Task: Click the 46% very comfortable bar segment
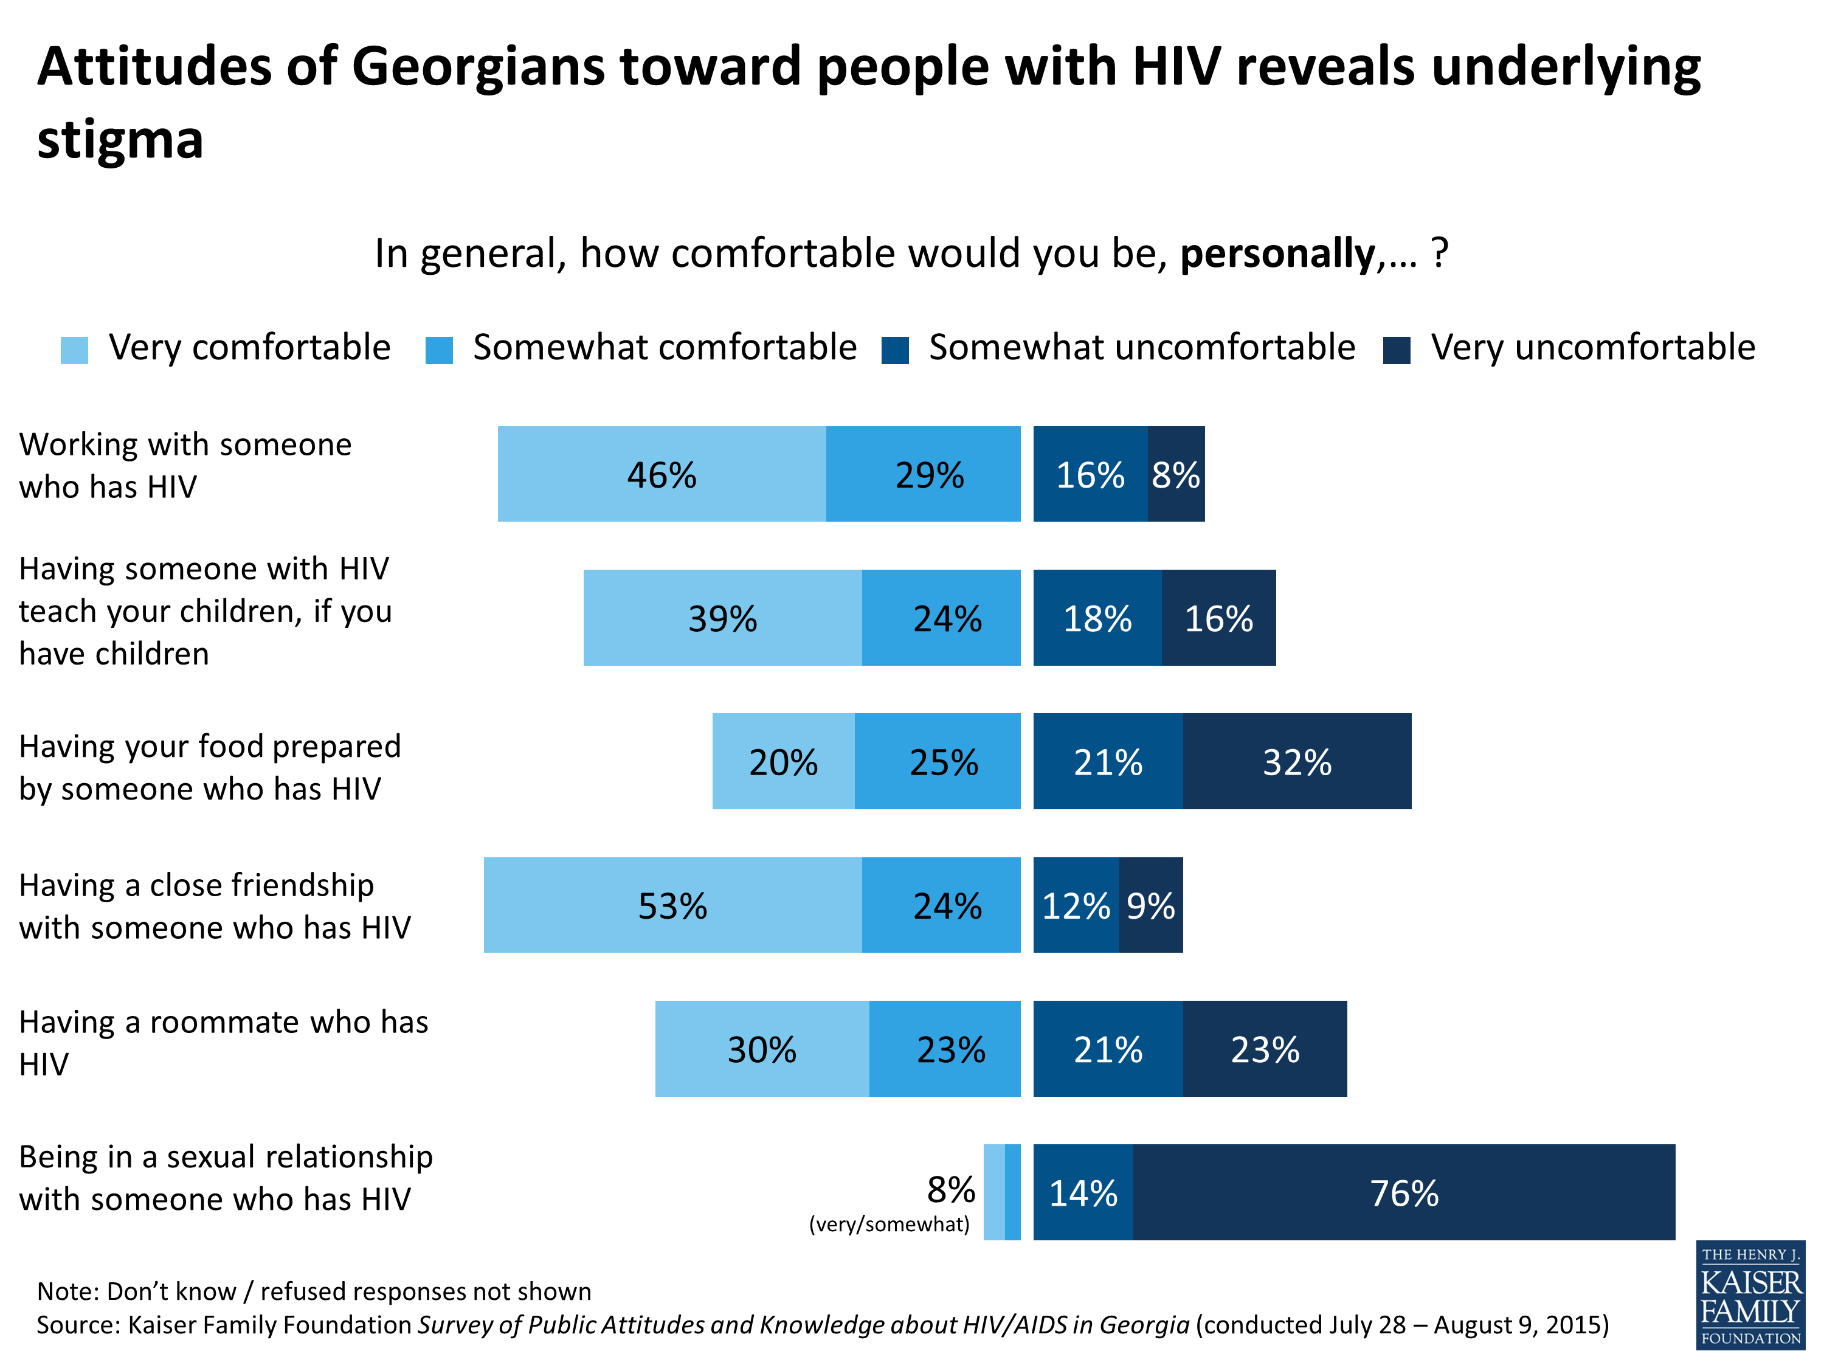point(662,474)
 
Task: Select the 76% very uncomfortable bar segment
point(1403,1192)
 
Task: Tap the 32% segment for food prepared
point(1296,761)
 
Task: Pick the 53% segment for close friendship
point(672,905)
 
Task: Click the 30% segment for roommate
point(761,1049)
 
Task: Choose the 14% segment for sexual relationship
point(1083,1192)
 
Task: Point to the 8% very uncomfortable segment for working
point(1175,474)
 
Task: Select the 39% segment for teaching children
point(722,618)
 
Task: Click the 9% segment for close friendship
point(1150,905)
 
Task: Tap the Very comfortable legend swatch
point(74,350)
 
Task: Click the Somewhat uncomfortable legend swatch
point(895,350)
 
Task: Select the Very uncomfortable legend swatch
point(1396,350)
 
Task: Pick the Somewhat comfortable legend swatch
point(439,350)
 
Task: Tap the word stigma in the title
point(120,139)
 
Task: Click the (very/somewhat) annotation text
point(889,1225)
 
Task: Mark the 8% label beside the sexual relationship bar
point(951,1190)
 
